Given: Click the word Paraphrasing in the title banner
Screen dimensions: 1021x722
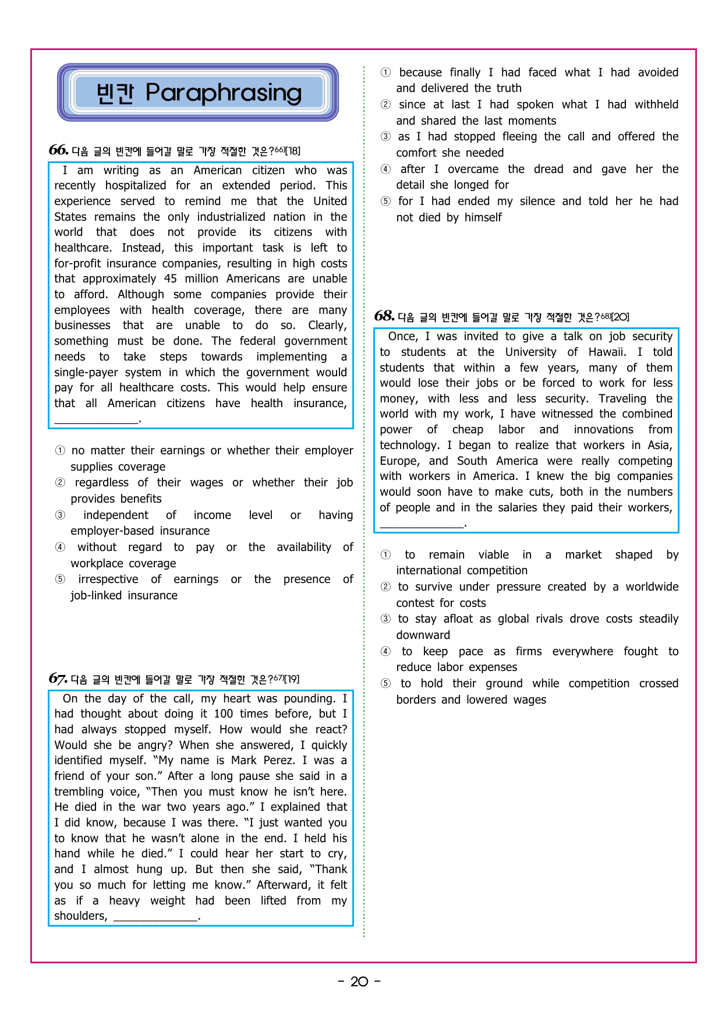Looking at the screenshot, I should click(224, 93).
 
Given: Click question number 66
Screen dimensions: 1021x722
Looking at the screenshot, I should click(58, 150).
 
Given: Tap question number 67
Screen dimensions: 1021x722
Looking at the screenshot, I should click(58, 679).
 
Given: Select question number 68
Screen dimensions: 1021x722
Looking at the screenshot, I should click(384, 316).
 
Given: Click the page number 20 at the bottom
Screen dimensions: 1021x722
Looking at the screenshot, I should click(359, 982).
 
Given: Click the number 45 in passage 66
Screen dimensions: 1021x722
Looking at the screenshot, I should click(170, 279).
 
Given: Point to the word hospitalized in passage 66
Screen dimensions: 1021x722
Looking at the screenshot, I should click(135, 186).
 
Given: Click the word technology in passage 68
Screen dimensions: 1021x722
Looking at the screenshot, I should click(408, 446).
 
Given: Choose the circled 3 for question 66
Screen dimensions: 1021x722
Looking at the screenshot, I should click(60, 515).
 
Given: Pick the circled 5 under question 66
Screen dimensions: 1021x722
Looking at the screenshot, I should click(60, 580).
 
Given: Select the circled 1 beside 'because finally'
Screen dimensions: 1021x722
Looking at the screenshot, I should click(385, 73).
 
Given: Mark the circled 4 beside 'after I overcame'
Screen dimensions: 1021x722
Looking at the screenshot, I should click(385, 169).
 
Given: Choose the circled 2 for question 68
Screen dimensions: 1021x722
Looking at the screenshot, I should click(385, 587).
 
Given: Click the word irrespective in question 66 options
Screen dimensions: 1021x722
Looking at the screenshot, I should click(108, 580).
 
